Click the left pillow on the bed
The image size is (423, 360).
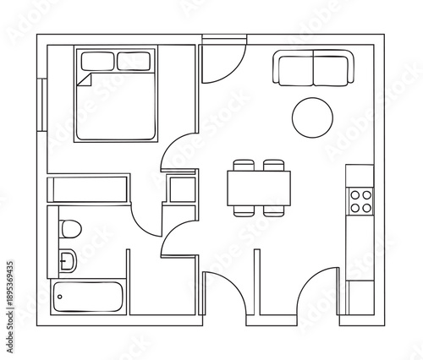pyautogui.click(x=97, y=60)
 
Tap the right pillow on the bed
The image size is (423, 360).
pyautogui.click(x=134, y=60)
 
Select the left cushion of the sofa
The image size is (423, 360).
pyautogui.click(x=293, y=68)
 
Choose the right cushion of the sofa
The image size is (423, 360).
pyautogui.click(x=332, y=68)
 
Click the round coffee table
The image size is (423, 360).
pyautogui.click(x=312, y=117)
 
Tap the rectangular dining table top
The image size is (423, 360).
pyautogui.click(x=259, y=187)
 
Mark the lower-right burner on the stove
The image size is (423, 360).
pyautogui.click(x=368, y=207)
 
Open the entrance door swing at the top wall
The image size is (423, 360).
pyautogui.click(x=222, y=59)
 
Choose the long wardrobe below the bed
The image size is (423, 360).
pyautogui.click(x=88, y=189)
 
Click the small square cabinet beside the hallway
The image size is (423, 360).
pyautogui.click(x=181, y=188)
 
